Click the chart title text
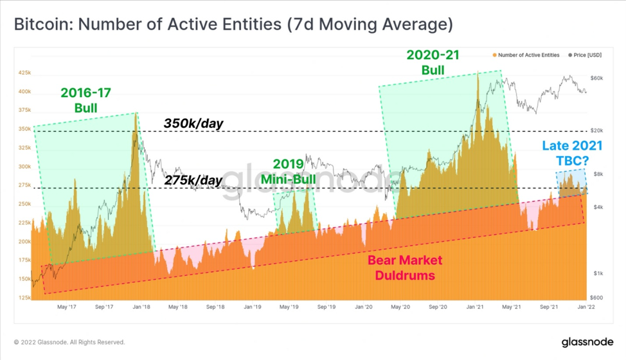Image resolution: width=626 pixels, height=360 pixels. coord(233,24)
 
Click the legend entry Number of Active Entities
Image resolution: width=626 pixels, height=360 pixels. coord(526,55)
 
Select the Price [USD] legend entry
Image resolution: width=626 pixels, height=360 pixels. coord(585,55)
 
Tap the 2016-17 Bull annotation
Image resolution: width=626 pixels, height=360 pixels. coord(86,100)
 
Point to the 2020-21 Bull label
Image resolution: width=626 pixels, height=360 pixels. coord(433,62)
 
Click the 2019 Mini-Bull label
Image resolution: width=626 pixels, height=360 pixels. coord(288,172)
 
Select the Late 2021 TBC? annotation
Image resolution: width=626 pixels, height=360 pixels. coord(572,153)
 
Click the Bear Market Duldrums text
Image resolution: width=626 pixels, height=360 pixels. coord(405,268)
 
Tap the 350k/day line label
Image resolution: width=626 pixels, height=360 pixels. coord(193,123)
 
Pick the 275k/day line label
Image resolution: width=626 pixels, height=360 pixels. coord(193,181)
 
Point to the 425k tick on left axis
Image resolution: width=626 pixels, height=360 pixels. coord(24,73)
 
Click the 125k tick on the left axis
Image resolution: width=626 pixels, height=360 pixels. coord(24,298)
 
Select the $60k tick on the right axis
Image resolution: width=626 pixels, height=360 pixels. coord(596,78)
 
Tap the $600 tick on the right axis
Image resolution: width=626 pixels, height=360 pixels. coord(596,298)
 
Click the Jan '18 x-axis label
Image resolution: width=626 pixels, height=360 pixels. coord(141,307)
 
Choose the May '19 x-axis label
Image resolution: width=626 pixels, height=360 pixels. coord(289,307)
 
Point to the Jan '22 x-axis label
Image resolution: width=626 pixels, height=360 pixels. coord(586,307)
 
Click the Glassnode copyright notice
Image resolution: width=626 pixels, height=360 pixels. coord(69,342)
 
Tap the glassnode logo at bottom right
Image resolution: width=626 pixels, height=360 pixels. coord(587,342)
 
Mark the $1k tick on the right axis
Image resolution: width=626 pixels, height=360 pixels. coord(598,273)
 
